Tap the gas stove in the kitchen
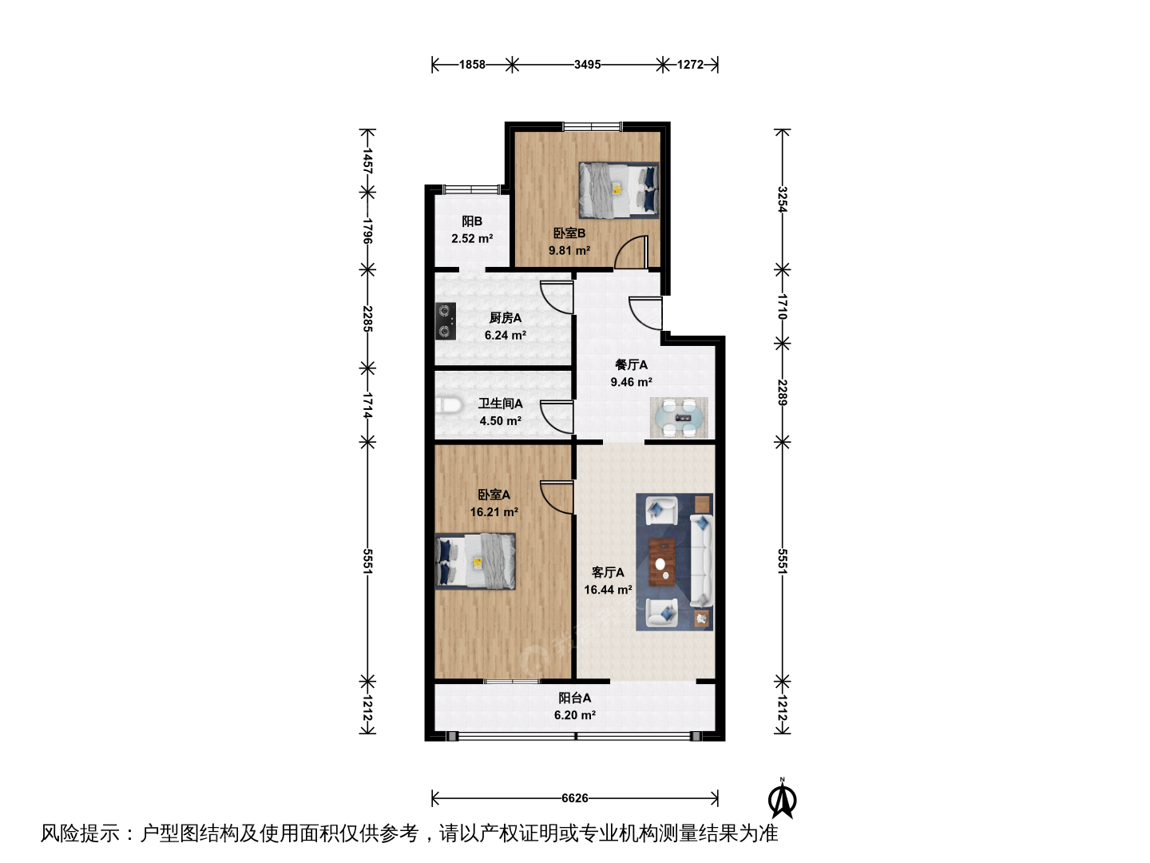point(446,320)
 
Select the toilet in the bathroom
point(449,406)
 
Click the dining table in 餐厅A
point(679,418)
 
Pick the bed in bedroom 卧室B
point(619,189)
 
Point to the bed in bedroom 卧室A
point(475,562)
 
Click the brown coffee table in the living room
point(662,563)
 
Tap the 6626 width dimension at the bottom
point(575,798)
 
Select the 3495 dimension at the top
point(587,65)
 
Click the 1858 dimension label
point(472,65)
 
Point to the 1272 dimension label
point(690,65)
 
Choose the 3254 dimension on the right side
point(782,199)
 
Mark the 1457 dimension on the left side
point(367,161)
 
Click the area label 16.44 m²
point(608,590)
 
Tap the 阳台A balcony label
point(575,698)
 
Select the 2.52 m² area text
point(472,238)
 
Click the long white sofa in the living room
point(701,561)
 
